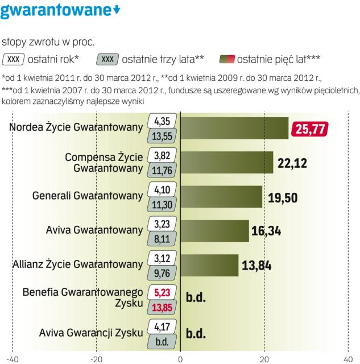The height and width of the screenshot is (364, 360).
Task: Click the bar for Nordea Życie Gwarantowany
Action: pos(234,128)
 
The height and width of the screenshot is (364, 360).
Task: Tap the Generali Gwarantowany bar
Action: pos(221,197)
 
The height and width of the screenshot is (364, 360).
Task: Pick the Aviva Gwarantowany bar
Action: pos(215,231)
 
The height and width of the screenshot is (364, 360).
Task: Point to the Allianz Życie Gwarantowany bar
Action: pos(209,264)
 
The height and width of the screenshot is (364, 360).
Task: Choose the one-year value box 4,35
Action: pos(163,121)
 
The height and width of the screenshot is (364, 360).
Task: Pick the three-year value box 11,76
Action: pos(163,169)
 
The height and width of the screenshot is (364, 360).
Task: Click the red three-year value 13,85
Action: pos(163,307)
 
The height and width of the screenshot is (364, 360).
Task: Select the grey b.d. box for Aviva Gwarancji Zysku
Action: pos(163,341)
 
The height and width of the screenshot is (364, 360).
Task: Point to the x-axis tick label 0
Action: pos(180,358)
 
